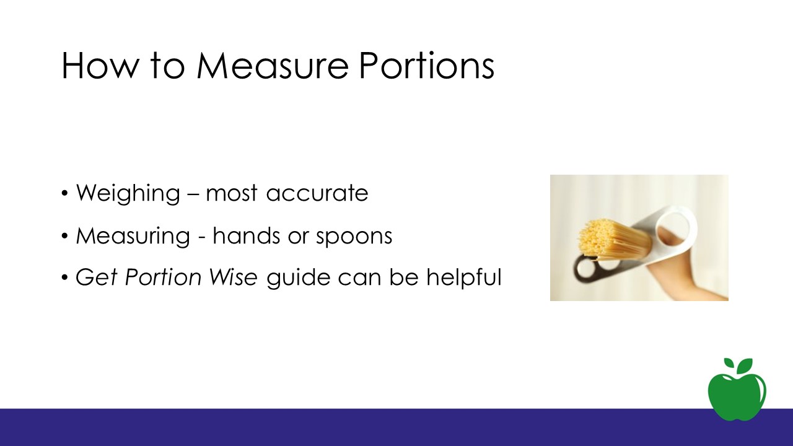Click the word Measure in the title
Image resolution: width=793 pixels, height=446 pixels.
point(273,66)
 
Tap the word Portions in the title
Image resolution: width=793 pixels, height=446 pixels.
point(427,66)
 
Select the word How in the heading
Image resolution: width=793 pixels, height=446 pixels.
point(98,66)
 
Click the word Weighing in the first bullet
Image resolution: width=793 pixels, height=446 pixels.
point(128,193)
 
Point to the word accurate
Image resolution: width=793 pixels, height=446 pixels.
point(317,194)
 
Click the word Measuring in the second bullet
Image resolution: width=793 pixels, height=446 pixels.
point(133,236)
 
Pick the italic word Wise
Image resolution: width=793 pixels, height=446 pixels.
point(234,277)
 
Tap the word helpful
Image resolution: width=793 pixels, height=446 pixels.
point(464,278)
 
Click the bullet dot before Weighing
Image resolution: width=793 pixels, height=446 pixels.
point(64,194)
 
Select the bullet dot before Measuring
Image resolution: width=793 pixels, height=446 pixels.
point(64,236)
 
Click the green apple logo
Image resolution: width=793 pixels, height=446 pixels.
point(737,390)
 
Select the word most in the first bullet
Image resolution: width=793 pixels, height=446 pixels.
point(232,194)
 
